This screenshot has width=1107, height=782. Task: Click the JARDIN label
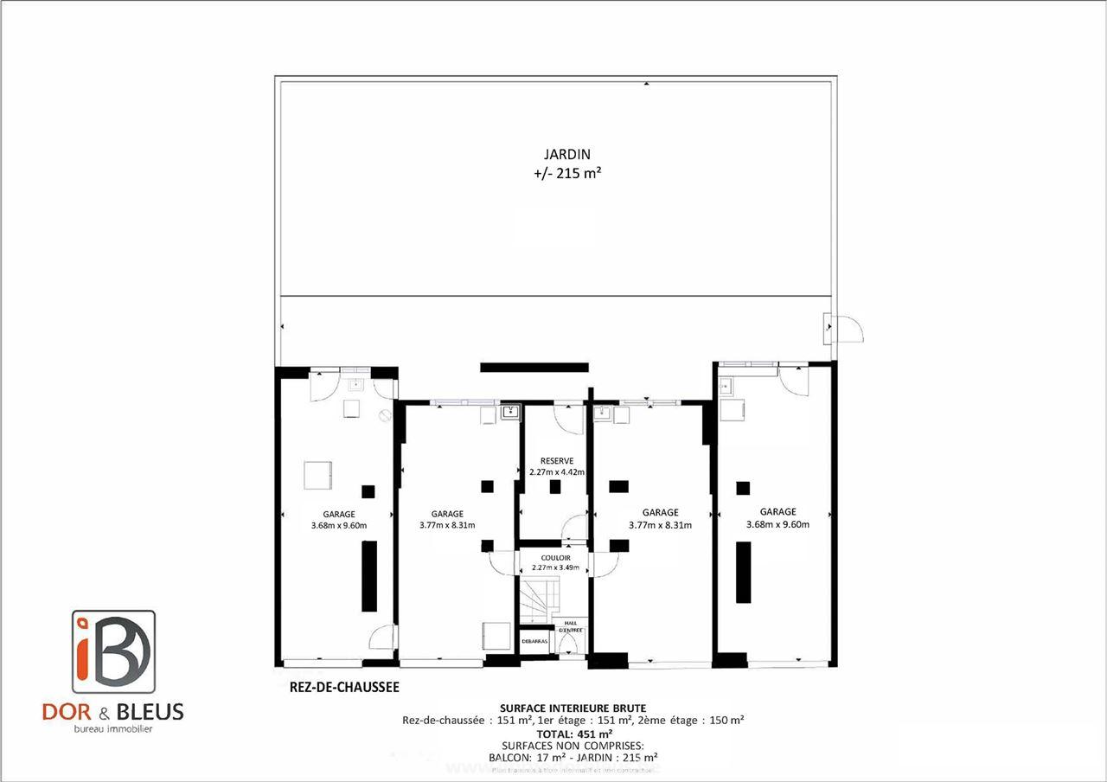point(566,155)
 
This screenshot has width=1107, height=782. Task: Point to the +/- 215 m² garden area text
point(567,173)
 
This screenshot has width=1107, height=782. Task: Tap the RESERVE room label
point(556,461)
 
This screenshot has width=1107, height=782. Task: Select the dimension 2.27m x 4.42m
point(556,472)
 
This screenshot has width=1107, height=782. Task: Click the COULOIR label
point(556,558)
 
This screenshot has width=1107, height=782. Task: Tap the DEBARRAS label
point(534,641)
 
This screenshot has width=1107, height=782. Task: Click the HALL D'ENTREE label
point(571,626)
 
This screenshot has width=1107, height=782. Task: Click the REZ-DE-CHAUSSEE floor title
point(344,689)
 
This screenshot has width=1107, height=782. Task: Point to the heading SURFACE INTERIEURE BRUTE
point(573,708)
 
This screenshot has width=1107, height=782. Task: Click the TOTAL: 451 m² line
point(573,733)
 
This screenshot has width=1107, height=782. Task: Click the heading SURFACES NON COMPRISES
point(573,745)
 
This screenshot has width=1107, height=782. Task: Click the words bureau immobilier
point(112,729)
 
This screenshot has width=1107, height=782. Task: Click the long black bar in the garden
point(534,368)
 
